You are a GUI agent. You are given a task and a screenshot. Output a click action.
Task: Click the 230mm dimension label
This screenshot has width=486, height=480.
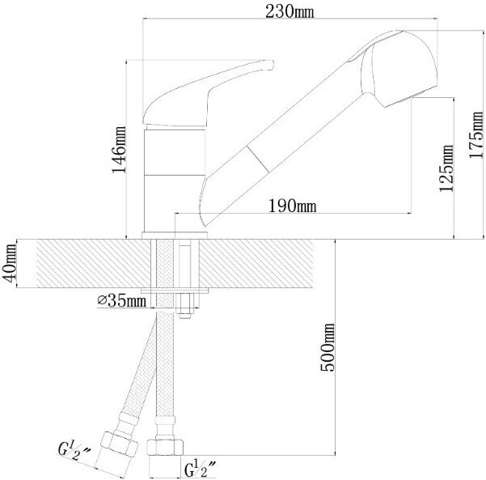point(289,12)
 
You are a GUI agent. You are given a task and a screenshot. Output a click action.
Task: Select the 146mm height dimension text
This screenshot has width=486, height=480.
point(120,150)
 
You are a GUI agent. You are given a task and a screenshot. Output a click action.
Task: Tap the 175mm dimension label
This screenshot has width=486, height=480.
point(476,135)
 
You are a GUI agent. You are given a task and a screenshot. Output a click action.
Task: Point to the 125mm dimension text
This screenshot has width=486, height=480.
point(446,168)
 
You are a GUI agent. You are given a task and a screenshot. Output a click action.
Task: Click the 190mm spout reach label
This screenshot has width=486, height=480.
point(292,206)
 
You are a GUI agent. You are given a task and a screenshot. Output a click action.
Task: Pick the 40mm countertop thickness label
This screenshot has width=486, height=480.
point(9,263)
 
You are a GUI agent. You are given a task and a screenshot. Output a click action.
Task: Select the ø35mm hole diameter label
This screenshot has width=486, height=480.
point(121,301)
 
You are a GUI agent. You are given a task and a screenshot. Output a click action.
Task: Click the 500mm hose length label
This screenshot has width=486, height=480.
point(328,347)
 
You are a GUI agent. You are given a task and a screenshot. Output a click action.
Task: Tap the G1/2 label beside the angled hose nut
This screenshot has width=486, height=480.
point(74,451)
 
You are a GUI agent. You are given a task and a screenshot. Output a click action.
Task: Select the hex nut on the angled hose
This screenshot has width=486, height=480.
point(120,444)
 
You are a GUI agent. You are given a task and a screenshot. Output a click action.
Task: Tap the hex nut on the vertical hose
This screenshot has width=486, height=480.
point(165,448)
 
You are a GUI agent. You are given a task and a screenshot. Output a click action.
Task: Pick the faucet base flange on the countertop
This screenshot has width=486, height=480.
point(174,236)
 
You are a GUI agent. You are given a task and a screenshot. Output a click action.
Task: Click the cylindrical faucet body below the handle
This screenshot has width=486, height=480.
point(175,181)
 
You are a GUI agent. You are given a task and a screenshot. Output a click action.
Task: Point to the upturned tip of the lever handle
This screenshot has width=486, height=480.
point(269,65)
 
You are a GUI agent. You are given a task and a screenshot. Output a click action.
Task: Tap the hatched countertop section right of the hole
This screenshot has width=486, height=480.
point(256,263)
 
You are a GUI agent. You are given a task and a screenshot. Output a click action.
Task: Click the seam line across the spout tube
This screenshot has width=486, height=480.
point(258,159)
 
